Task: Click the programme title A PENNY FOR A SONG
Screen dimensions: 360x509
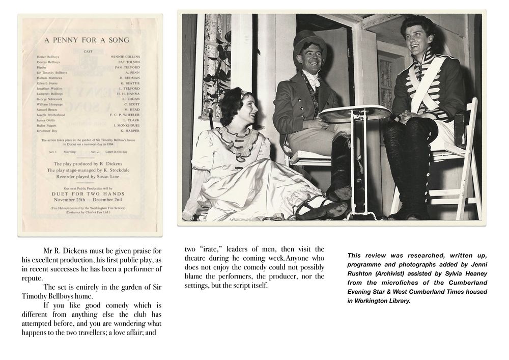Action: pyautogui.click(x=87, y=40)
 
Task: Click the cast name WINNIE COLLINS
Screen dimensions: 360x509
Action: pyautogui.click(x=125, y=57)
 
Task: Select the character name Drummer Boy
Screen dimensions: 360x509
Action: pyautogui.click(x=46, y=131)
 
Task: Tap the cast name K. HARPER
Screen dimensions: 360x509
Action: pyautogui.click(x=129, y=131)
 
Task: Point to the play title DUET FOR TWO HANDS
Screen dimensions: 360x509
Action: pyautogui.click(x=88, y=194)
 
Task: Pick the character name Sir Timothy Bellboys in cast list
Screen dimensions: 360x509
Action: pyautogui.click(x=52, y=73)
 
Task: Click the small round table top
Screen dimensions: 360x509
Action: pyautogui.click(x=354, y=113)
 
